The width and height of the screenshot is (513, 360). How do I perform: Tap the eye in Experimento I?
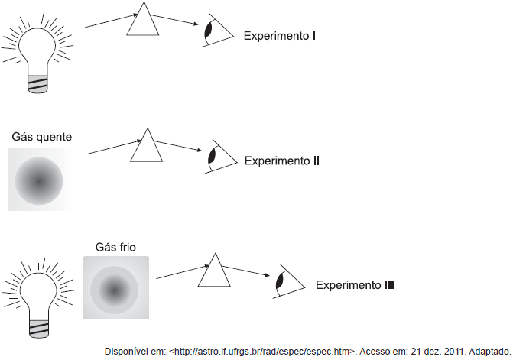[x=210, y=33]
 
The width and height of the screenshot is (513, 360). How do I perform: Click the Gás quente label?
[x=42, y=137]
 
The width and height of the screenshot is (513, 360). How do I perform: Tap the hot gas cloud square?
[x=41, y=180]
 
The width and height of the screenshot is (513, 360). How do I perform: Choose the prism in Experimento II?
[x=147, y=146]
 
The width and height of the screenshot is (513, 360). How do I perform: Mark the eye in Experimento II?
[x=215, y=157]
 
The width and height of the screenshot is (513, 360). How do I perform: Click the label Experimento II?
[x=281, y=161]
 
